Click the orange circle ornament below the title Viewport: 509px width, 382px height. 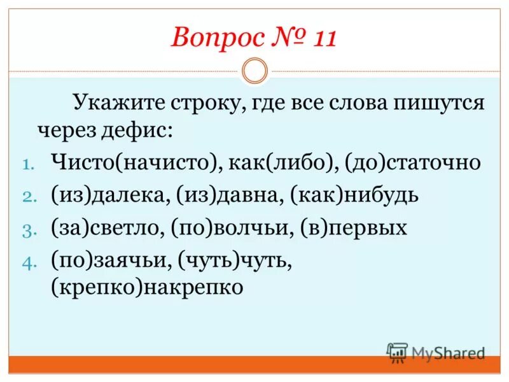point(255,71)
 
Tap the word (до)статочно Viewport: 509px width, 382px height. point(412,163)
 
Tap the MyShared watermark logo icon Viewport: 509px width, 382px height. point(398,352)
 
